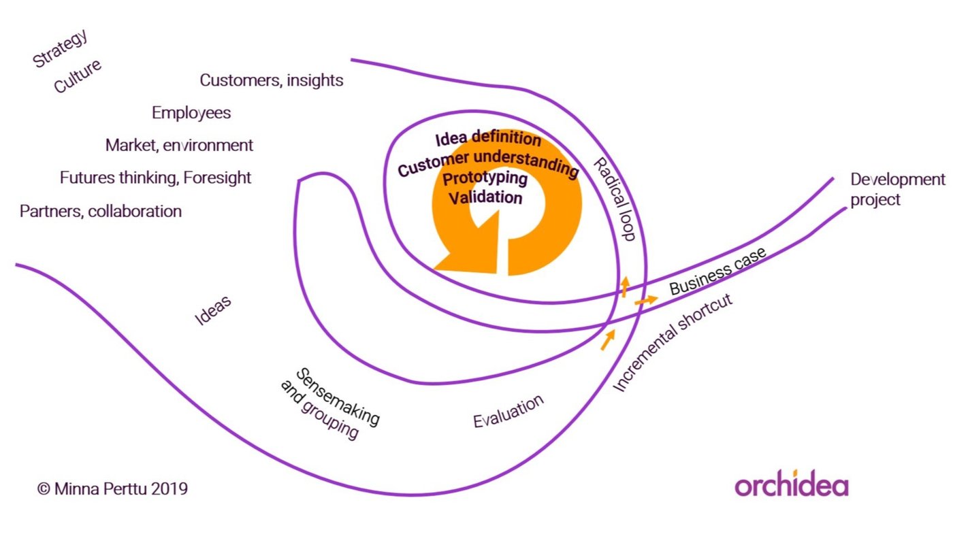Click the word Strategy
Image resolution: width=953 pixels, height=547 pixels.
(61, 49)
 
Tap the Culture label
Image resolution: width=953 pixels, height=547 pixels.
(78, 76)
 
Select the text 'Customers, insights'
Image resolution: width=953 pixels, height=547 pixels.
(272, 80)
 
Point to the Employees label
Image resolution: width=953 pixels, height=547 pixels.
(191, 113)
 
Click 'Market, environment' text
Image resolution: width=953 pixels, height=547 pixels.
(179, 145)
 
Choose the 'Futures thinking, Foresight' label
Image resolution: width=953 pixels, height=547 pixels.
(156, 178)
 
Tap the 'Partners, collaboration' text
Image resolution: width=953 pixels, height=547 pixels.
(101, 211)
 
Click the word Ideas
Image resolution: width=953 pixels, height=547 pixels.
(213, 310)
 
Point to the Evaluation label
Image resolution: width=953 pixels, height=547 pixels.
(508, 411)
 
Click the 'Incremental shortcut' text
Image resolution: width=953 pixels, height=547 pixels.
(673, 343)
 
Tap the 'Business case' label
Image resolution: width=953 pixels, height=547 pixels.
(717, 271)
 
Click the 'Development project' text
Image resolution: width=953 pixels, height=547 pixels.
(897, 189)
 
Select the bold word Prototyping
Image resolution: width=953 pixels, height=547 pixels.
(485, 180)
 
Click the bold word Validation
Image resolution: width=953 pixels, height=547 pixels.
(485, 197)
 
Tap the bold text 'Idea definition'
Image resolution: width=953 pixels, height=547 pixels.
(488, 139)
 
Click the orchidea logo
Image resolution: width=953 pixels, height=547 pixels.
(792, 486)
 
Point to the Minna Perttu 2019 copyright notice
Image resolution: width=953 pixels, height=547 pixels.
(112, 488)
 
